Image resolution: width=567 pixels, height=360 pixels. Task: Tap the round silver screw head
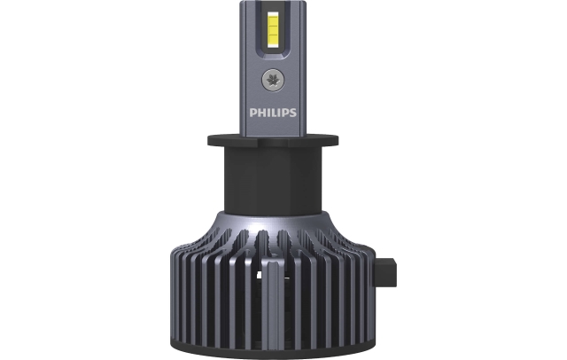pos(273,80)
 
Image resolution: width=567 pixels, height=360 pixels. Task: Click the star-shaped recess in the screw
pos(273,80)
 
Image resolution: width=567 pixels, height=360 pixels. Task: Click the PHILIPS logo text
pos(273,113)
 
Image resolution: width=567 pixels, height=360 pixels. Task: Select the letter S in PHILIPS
pos(293,113)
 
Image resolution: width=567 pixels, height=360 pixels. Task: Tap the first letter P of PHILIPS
pos(252,113)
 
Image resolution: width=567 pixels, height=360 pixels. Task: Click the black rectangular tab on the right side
pos(386,271)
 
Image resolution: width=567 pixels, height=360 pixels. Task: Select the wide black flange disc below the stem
pos(273,141)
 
